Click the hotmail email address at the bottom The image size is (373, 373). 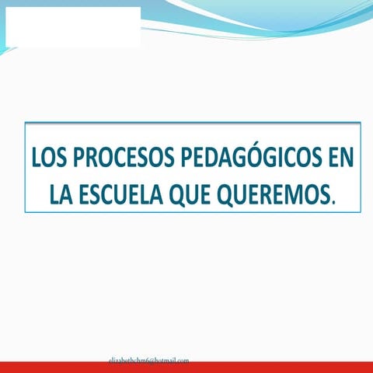pyautogui.click(x=148, y=361)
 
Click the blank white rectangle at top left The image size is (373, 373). pyautogui.click(x=71, y=26)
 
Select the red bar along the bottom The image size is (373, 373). pyautogui.click(x=186, y=368)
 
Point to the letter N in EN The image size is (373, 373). pyautogui.click(x=347, y=158)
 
